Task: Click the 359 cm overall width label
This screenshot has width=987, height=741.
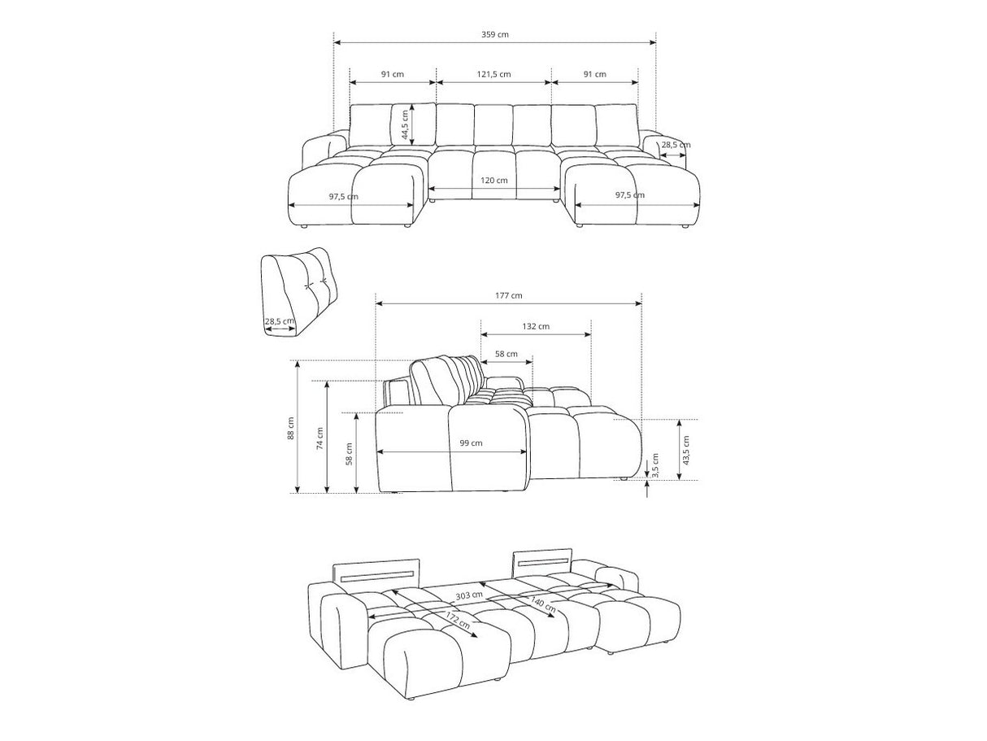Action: [x=494, y=35]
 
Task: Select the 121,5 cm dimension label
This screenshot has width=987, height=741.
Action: [x=493, y=74]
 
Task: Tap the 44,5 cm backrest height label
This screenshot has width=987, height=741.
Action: [x=405, y=124]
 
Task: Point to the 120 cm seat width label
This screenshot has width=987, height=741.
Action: [x=493, y=181]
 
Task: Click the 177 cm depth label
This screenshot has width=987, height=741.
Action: [x=509, y=295]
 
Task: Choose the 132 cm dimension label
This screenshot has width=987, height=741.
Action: [x=536, y=326]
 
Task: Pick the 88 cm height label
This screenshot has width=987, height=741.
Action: [x=291, y=429]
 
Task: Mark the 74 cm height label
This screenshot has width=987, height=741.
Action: [x=320, y=438]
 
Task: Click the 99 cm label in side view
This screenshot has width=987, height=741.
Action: [x=471, y=443]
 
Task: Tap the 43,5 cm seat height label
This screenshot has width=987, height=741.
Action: [x=685, y=450]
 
